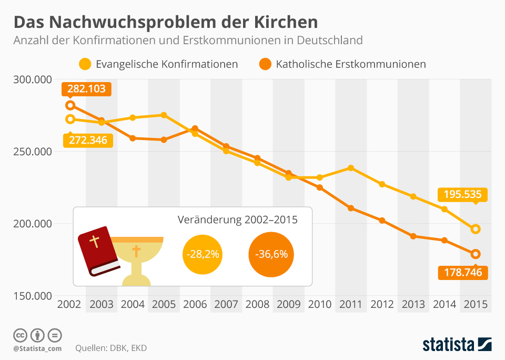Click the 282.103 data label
point(86,88)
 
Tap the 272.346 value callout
point(88,140)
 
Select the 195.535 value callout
point(463,194)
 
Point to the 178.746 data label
point(463,273)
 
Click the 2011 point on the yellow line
point(351,168)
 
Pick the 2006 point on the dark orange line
point(195,128)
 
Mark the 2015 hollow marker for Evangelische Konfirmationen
point(476,229)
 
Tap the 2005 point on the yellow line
point(164,115)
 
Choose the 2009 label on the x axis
point(288,304)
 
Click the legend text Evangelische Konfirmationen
point(167,64)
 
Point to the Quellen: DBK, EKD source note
point(111,348)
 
